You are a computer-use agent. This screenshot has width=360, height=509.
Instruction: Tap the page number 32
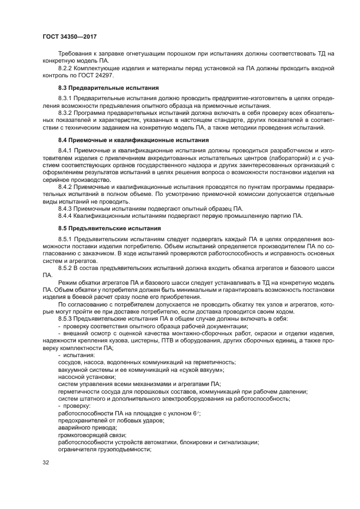click(46, 463)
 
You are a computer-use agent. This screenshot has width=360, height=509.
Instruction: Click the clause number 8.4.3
click(65, 208)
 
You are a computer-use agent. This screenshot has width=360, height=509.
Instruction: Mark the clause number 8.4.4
click(65, 216)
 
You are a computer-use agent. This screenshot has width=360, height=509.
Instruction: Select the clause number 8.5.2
click(65, 267)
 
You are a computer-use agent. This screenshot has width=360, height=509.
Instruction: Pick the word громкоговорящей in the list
click(85, 435)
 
